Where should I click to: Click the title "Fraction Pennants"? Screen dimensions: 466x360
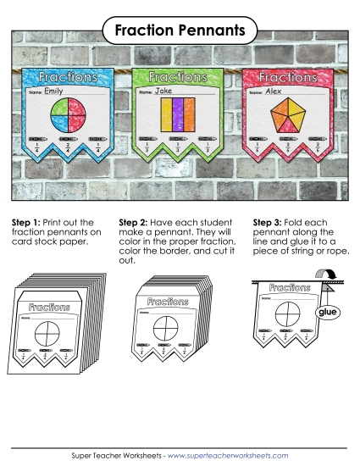(x=180, y=31)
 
